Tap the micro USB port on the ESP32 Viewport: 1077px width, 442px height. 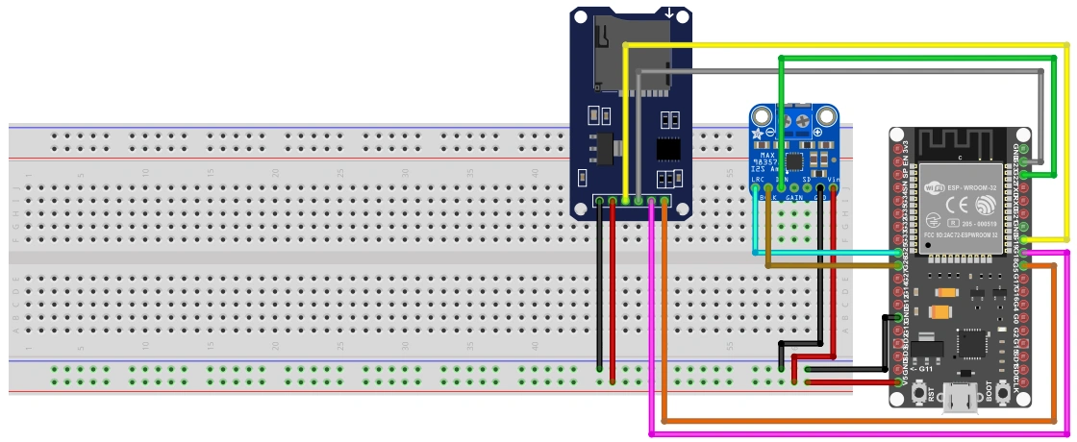tap(962, 398)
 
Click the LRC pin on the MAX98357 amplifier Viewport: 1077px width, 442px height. tap(755, 189)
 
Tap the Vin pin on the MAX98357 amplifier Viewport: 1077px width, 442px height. tap(833, 189)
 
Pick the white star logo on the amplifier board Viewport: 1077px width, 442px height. tap(758, 133)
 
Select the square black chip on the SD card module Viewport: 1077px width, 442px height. tap(669, 148)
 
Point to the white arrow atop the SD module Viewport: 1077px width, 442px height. tap(669, 13)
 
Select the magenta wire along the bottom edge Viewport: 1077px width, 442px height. tap(846, 434)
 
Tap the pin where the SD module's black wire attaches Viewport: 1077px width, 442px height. tap(599, 202)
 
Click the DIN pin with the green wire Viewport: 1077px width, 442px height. tap(781, 189)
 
